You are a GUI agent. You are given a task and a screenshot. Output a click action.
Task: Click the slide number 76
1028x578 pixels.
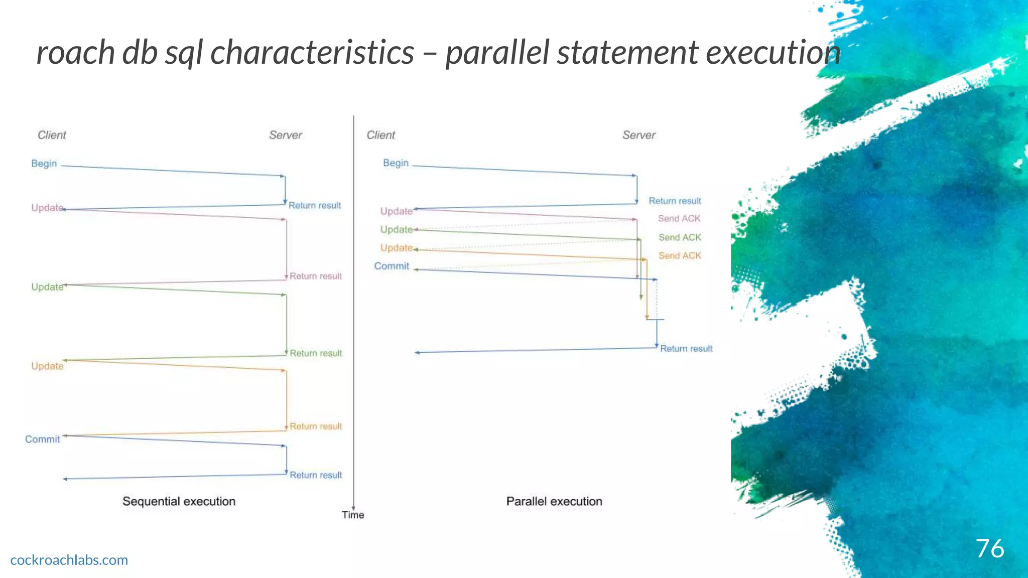coord(989,548)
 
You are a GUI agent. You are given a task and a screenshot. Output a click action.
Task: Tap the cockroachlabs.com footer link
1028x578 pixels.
coord(69,560)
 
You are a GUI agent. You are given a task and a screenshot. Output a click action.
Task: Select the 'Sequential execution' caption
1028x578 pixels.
coord(179,501)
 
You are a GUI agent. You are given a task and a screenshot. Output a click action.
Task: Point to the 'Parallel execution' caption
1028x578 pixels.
coord(554,501)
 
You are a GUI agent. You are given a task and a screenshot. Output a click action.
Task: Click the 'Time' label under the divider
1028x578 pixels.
coord(353,515)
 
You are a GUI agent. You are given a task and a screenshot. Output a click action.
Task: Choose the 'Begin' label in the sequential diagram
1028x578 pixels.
coord(44,164)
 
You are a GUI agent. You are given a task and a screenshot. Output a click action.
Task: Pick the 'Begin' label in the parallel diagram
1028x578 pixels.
coord(396,163)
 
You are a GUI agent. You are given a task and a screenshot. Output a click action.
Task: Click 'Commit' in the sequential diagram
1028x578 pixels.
coord(43,439)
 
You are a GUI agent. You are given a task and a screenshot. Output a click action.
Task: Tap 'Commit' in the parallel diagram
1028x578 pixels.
coord(392,266)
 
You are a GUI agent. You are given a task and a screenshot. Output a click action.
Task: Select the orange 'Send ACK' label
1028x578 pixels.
coord(680,256)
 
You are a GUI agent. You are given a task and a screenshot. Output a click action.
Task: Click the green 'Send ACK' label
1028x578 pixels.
coord(680,237)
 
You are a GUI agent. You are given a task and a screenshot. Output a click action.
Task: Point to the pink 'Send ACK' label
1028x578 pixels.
coord(679,219)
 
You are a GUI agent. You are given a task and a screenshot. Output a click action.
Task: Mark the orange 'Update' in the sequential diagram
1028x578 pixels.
coord(47,366)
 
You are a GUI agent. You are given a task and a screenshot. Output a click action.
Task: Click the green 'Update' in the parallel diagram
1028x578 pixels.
coord(396,229)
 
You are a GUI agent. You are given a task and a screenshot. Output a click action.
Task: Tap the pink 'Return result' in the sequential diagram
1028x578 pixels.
coord(316,276)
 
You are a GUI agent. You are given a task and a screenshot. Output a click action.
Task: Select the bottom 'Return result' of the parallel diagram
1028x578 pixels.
coord(686,349)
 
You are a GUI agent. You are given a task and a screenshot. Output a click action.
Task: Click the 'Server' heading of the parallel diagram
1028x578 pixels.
coord(639,135)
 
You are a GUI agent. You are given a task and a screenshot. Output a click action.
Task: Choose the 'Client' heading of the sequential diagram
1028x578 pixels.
coord(52,135)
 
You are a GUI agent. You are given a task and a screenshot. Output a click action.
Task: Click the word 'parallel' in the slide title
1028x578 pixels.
coord(497,52)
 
